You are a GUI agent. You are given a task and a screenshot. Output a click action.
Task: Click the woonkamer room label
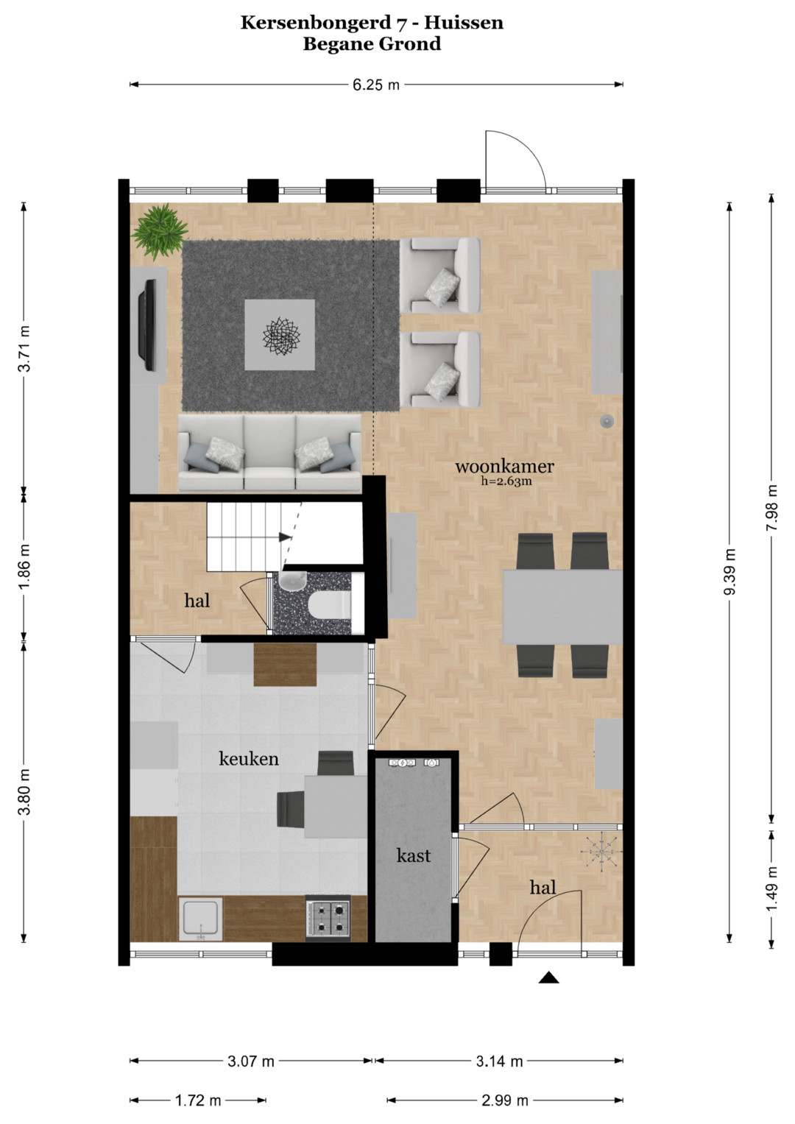(x=504, y=467)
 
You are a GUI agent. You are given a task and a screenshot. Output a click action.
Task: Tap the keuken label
(x=249, y=758)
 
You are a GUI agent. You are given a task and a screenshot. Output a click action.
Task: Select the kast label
(x=414, y=855)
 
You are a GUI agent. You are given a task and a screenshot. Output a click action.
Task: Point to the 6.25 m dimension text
(x=376, y=85)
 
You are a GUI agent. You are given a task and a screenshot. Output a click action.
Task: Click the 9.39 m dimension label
(x=729, y=571)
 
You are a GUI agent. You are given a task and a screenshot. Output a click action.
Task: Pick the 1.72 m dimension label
(x=198, y=1101)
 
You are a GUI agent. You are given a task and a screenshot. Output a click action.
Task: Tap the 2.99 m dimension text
(x=504, y=1101)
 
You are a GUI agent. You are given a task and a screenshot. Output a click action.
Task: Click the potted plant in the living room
(x=160, y=232)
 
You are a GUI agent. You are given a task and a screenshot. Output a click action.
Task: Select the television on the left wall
(x=147, y=325)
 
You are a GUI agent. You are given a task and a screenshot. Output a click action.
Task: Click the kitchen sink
(x=201, y=919)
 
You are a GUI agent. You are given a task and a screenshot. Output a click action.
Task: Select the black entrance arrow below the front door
(x=549, y=977)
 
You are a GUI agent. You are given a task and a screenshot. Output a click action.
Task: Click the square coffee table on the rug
(x=280, y=335)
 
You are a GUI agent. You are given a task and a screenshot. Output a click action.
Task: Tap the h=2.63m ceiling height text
(x=506, y=481)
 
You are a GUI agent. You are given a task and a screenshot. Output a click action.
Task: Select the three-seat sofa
(x=270, y=452)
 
